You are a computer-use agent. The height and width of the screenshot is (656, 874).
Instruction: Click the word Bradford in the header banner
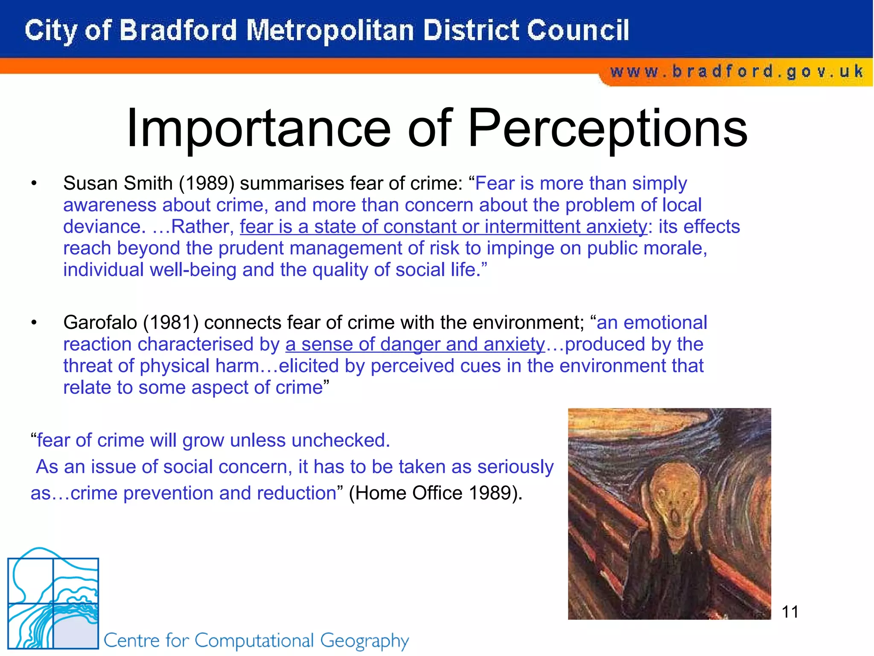pos(178,31)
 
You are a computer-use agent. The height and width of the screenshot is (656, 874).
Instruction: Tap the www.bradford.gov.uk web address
pos(737,71)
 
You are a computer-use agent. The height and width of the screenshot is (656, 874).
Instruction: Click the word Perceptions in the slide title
pos(608,128)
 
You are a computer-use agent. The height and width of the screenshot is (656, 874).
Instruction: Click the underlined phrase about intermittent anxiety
pos(443,226)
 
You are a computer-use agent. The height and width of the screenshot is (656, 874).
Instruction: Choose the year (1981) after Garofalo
pos(171,322)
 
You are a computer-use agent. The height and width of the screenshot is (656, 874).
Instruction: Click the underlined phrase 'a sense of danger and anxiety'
pos(415,344)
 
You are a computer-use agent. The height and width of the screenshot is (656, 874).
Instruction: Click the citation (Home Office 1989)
pos(435,493)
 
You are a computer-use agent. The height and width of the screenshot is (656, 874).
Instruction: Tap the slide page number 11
pos(790,612)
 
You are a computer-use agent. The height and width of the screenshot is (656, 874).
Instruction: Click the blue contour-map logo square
pos(53,602)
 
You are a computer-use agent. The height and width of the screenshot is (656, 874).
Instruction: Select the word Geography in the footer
pos(364,641)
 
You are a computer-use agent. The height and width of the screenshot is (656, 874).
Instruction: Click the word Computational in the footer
pos(254,641)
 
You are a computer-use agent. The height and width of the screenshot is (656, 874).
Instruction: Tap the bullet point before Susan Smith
pos(34,184)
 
